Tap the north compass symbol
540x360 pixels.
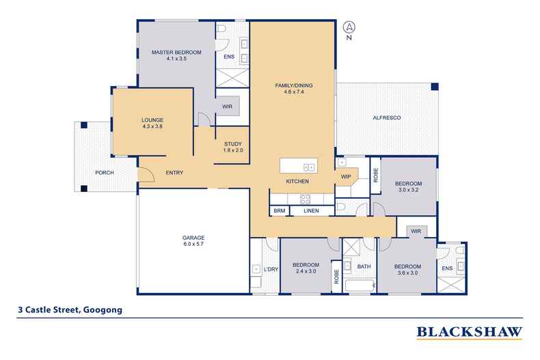pos(349,29)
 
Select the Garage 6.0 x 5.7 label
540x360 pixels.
pos(193,240)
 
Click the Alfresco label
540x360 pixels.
pos(386,118)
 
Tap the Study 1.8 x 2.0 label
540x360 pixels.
pos(233,146)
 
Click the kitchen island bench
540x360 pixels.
pos(298,166)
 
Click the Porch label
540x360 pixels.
pos(105,172)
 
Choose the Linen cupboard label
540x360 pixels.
pos(311,211)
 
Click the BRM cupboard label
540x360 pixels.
pos(279,211)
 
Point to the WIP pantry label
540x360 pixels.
pos(346,177)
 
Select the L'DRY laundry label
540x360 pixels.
pos(271,268)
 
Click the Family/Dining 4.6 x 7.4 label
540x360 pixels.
pos(293,88)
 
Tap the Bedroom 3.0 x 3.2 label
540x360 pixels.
pos(408,186)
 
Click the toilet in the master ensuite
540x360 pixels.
pos(224,31)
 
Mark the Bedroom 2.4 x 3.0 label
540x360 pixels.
pos(306,268)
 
